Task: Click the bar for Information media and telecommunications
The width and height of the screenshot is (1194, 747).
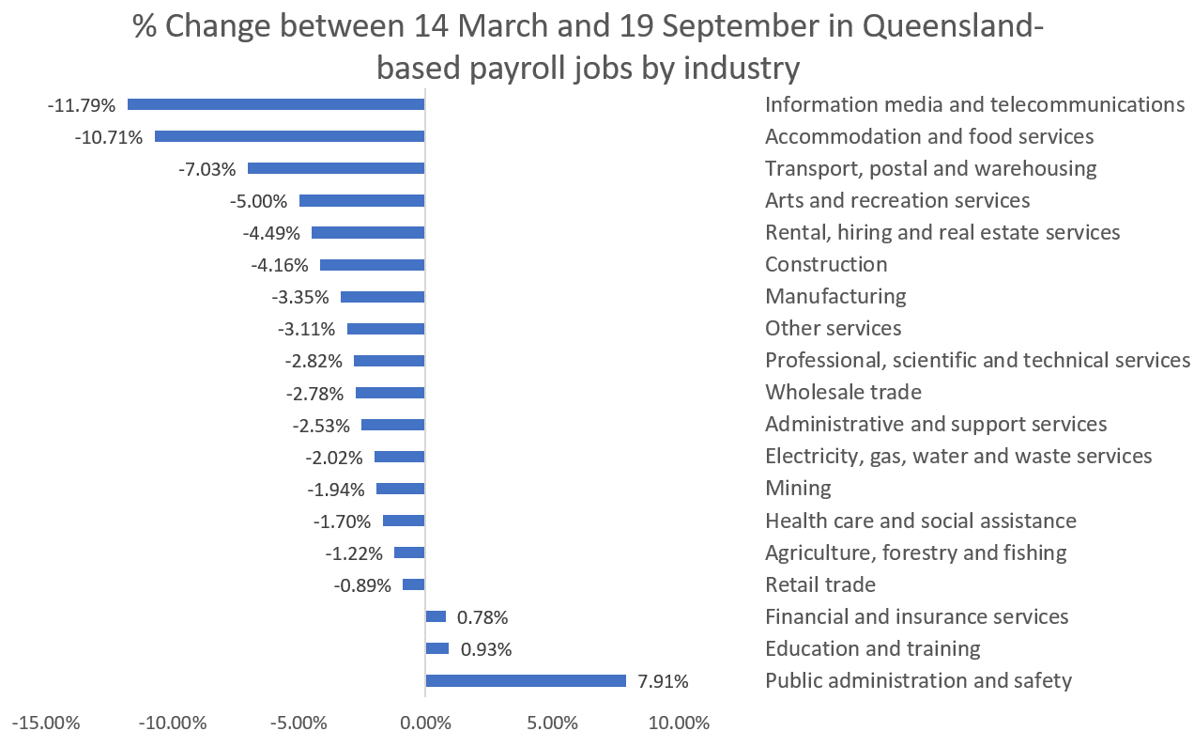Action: click(x=276, y=104)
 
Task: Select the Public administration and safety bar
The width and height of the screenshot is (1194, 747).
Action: click(x=526, y=680)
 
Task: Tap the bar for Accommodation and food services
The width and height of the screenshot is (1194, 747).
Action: click(x=289, y=136)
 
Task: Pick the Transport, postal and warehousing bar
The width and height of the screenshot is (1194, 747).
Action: click(x=336, y=168)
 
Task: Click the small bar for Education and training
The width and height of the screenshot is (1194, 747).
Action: click(x=436, y=648)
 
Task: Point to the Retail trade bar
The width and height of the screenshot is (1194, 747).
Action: click(x=413, y=584)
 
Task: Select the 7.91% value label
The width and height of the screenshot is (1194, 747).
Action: click(x=663, y=681)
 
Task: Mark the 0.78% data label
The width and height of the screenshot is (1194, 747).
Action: click(x=482, y=617)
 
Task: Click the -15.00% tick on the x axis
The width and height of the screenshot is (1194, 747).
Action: click(x=45, y=724)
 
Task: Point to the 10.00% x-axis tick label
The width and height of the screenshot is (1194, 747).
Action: click(x=678, y=724)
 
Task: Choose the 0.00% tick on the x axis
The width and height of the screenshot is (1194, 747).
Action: click(x=425, y=724)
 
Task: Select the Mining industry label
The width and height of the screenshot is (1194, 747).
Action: click(x=798, y=489)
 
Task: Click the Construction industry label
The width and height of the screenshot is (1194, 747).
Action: click(x=826, y=264)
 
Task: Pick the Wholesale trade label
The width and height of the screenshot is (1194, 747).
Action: click(x=843, y=392)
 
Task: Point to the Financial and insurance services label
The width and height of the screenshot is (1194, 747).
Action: click(x=916, y=616)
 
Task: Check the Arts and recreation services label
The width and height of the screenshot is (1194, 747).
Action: click(x=897, y=200)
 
